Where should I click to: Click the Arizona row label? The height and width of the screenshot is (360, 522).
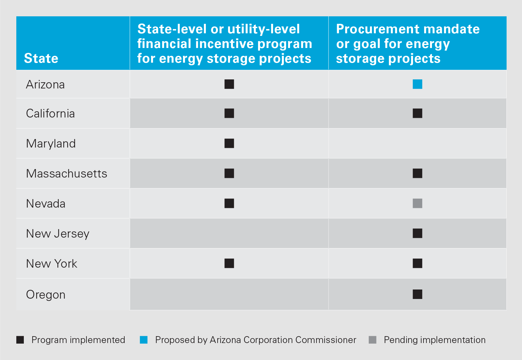pyautogui.click(x=45, y=85)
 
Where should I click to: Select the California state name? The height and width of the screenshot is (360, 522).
pyautogui.click(x=51, y=114)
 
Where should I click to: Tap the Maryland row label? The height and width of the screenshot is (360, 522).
pyautogui.click(x=51, y=144)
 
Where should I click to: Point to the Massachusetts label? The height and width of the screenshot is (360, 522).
pyautogui.click(x=67, y=174)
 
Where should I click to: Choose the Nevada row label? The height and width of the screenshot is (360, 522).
pyautogui.click(x=46, y=204)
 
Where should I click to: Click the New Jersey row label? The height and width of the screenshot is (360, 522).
pyautogui.click(x=58, y=234)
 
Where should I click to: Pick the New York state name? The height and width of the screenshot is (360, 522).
pyautogui.click(x=52, y=264)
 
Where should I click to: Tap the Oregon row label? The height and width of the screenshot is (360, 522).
pyautogui.click(x=46, y=294)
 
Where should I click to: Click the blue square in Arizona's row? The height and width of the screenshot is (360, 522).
pyautogui.click(x=417, y=84)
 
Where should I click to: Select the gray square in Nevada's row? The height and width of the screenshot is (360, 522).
pyautogui.click(x=417, y=203)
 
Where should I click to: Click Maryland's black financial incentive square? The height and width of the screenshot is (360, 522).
pyautogui.click(x=229, y=143)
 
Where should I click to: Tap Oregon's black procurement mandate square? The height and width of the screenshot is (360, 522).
pyautogui.click(x=417, y=294)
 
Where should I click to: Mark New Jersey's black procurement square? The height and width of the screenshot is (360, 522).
pyautogui.click(x=417, y=233)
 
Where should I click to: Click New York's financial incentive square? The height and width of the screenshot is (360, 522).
pyautogui.click(x=229, y=263)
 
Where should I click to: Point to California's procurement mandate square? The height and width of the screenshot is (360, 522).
pyautogui.click(x=417, y=113)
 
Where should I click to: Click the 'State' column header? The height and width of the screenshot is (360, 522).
pyautogui.click(x=41, y=58)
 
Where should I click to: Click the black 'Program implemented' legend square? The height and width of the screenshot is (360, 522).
pyautogui.click(x=20, y=340)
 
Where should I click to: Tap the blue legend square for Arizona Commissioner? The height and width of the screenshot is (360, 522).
pyautogui.click(x=144, y=340)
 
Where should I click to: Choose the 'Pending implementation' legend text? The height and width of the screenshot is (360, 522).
pyautogui.click(x=435, y=340)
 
